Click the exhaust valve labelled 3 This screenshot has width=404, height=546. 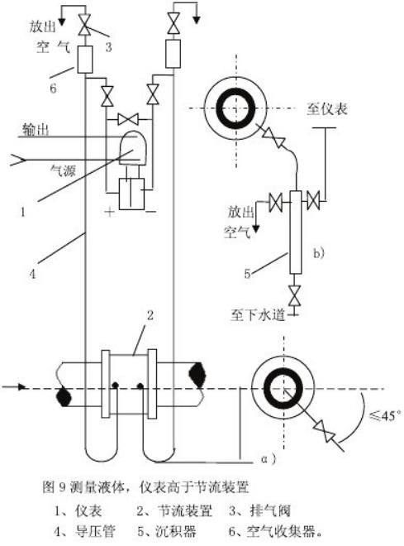point(84,25)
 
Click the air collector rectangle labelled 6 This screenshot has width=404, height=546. point(84,60)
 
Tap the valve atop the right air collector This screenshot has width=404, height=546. point(173,23)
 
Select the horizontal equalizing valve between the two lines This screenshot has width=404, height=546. point(128,119)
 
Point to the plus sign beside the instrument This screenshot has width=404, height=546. point(110,211)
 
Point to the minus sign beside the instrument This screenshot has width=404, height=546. point(150,211)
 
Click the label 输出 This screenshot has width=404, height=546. point(36,130)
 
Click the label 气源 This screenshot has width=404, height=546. point(63,170)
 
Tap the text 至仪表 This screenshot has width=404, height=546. point(327,109)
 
